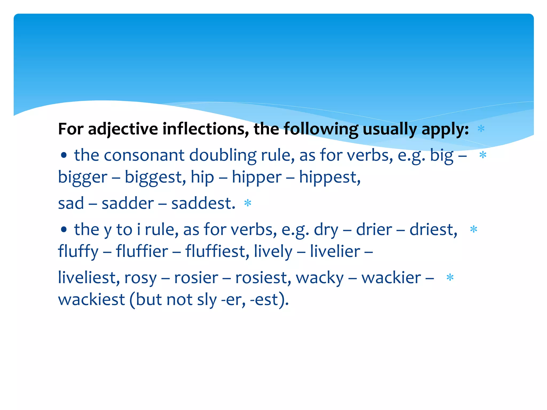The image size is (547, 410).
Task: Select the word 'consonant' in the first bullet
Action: click(144, 155)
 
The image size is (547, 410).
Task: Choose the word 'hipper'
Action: click(256, 177)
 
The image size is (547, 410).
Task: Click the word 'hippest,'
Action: click(330, 177)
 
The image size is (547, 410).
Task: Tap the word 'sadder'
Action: click(128, 203)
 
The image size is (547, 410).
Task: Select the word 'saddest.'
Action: click(203, 203)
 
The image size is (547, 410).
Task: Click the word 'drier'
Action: click(374, 230)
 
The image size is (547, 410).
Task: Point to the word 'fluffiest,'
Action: click(217, 251)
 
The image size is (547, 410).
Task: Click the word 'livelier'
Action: click(335, 251)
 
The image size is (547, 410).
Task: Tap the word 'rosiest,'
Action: click(263, 278)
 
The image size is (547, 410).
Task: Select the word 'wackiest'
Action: click(91, 299)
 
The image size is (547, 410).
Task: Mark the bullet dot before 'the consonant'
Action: click(64, 155)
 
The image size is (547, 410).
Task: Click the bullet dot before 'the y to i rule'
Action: click(64, 230)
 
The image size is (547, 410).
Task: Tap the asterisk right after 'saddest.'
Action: click(248, 203)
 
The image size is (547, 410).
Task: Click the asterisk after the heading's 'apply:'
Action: click(481, 129)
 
